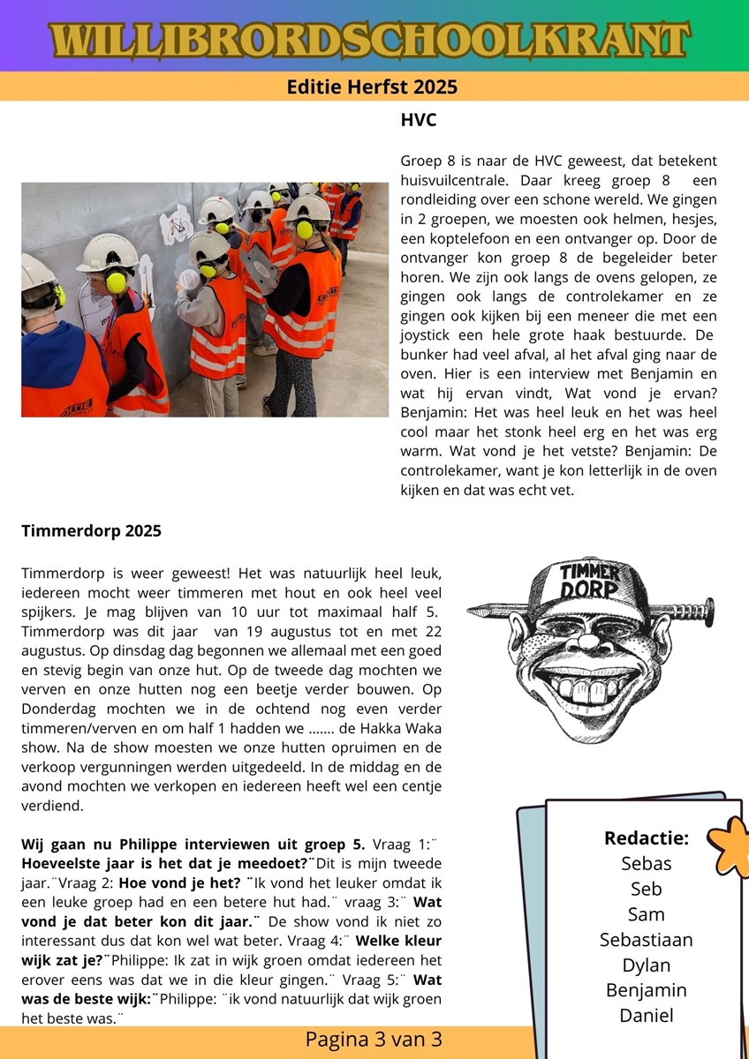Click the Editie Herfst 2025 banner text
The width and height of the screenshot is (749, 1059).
(372, 86)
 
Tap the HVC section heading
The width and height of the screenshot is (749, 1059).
(419, 119)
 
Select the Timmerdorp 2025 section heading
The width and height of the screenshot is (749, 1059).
(91, 530)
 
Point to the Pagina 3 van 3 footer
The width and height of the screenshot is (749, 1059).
(374, 1040)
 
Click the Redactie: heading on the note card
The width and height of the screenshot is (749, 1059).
(646, 837)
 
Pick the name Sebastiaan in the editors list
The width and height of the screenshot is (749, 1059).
(646, 939)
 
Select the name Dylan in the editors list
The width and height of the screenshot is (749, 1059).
(646, 965)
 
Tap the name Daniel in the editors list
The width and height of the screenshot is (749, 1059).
(646, 1015)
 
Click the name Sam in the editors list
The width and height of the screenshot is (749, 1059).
(646, 914)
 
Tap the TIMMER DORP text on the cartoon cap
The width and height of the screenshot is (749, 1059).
(590, 581)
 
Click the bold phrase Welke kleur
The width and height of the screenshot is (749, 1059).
(398, 940)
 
